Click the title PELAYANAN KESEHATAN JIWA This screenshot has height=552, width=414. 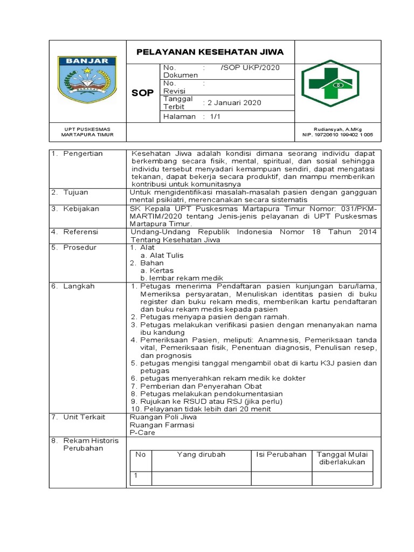[x=210, y=52]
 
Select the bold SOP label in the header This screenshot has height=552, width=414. [x=143, y=93]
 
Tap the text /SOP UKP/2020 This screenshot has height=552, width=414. [x=250, y=67]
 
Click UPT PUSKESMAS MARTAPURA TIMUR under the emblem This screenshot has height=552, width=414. [x=87, y=132]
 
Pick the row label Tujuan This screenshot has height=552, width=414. [x=76, y=192]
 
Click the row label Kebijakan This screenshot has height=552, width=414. [x=80, y=208]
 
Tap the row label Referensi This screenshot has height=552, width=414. [x=80, y=232]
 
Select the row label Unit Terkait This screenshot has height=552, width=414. [x=84, y=417]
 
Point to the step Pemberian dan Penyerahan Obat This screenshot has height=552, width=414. [x=201, y=386]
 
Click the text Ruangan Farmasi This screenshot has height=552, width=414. [x=162, y=425]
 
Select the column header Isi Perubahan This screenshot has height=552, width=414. [x=280, y=454]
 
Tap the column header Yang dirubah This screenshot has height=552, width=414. [x=201, y=454]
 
